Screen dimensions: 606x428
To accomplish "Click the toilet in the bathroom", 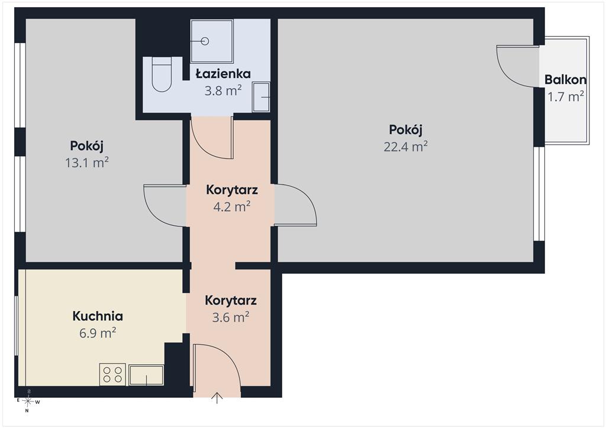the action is [x=162, y=74].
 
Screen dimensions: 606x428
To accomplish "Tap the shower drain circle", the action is [x=205, y=41].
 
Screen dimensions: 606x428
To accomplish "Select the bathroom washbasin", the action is [x=261, y=97].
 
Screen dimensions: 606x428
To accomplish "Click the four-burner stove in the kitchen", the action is [x=112, y=374].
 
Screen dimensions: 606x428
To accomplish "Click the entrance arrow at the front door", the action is [x=217, y=398].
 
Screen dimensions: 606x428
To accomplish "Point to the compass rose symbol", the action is [x=28, y=401].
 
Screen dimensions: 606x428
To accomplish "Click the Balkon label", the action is [x=565, y=80].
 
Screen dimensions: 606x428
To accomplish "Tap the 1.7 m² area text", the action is [x=565, y=96].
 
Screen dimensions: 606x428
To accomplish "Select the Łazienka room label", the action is [x=223, y=73].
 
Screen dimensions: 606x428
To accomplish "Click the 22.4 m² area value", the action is [x=405, y=146].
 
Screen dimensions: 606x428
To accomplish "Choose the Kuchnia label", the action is [x=98, y=316].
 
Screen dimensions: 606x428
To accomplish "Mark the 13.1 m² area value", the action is [x=86, y=163].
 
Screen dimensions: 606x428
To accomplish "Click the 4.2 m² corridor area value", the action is [x=232, y=206].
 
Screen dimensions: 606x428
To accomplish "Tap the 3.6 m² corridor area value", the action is [x=230, y=317].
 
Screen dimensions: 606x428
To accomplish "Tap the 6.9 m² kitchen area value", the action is [x=98, y=333].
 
